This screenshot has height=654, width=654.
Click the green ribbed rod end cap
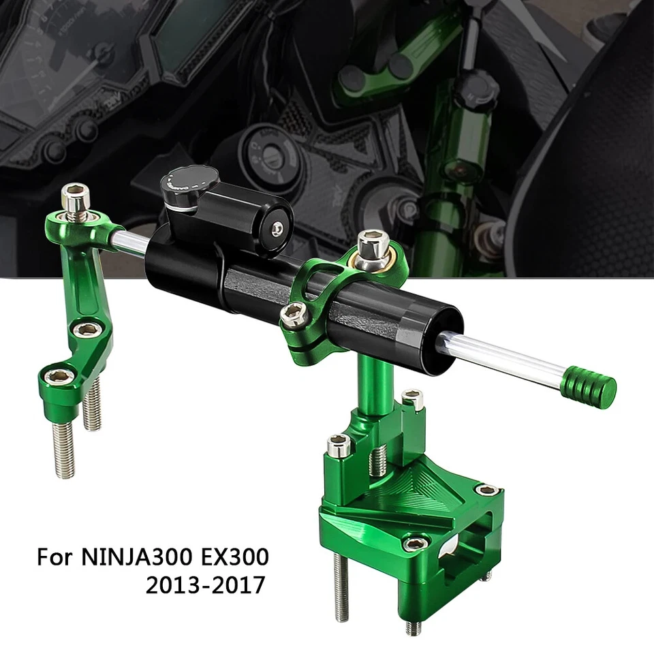pos(590,386)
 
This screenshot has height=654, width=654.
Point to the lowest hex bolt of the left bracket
pos(61,376)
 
